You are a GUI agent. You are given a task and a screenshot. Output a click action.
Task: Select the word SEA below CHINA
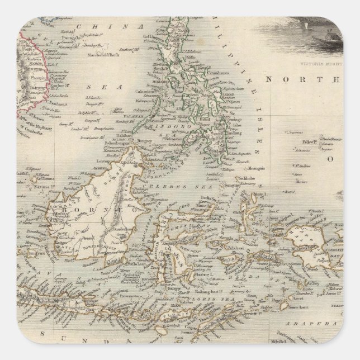click(x=93, y=87)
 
